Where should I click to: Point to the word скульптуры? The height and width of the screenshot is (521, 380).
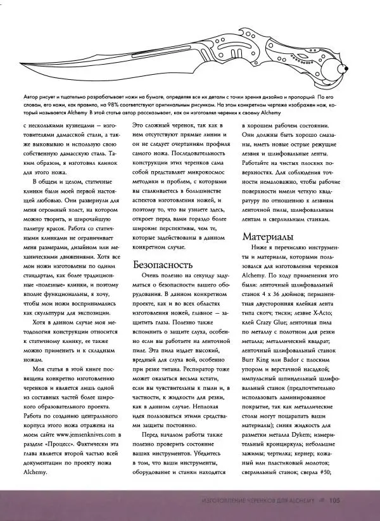pyautogui.click(x=53, y=311)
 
